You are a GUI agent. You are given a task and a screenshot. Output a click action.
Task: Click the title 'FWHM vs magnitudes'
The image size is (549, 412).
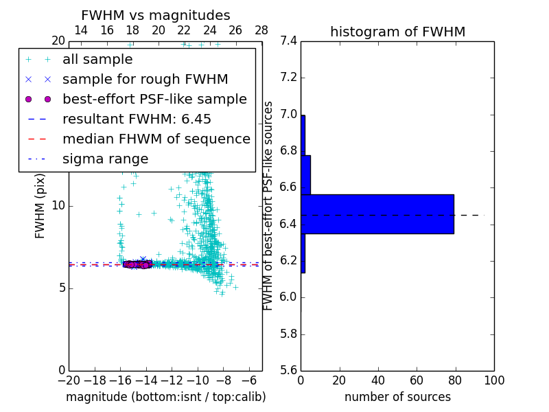pyautogui.click(x=155, y=15)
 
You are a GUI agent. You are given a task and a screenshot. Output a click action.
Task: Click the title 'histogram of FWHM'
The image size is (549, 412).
pyautogui.click(x=397, y=32)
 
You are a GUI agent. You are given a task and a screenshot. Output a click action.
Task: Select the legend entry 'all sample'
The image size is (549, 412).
pyautogui.click(x=97, y=60)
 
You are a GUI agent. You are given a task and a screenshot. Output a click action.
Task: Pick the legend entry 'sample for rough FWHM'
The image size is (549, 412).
pyautogui.click(x=145, y=80)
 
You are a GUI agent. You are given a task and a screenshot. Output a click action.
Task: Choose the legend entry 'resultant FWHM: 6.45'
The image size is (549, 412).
pyautogui.click(x=137, y=119)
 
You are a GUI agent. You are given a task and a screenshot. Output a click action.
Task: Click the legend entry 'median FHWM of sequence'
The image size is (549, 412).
pyautogui.click(x=156, y=139)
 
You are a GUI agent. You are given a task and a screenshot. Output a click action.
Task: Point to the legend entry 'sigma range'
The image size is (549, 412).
pyautogui.click(x=105, y=159)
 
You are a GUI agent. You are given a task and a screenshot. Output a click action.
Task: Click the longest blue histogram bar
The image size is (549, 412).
pyautogui.click(x=377, y=214)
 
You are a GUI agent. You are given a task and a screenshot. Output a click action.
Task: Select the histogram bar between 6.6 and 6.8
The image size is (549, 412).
pyautogui.click(x=305, y=174)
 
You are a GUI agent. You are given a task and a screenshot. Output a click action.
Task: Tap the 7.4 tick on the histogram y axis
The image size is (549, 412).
pyautogui.click(x=288, y=41)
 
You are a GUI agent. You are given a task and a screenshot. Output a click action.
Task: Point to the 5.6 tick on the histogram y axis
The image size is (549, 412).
pyautogui.click(x=288, y=371)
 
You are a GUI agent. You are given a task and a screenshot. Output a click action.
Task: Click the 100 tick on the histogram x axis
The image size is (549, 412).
pyautogui.click(x=493, y=380)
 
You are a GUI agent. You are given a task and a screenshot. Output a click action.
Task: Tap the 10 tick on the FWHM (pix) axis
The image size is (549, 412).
pyautogui.click(x=58, y=206)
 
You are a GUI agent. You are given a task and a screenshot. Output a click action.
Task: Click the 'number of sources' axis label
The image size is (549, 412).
pyautogui.click(x=397, y=397)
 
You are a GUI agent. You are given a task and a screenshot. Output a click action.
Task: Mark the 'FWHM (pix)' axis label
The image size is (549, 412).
pyautogui.click(x=40, y=205)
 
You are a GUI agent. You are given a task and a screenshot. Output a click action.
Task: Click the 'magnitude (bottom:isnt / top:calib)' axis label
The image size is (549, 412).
pyautogui.click(x=165, y=397)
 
